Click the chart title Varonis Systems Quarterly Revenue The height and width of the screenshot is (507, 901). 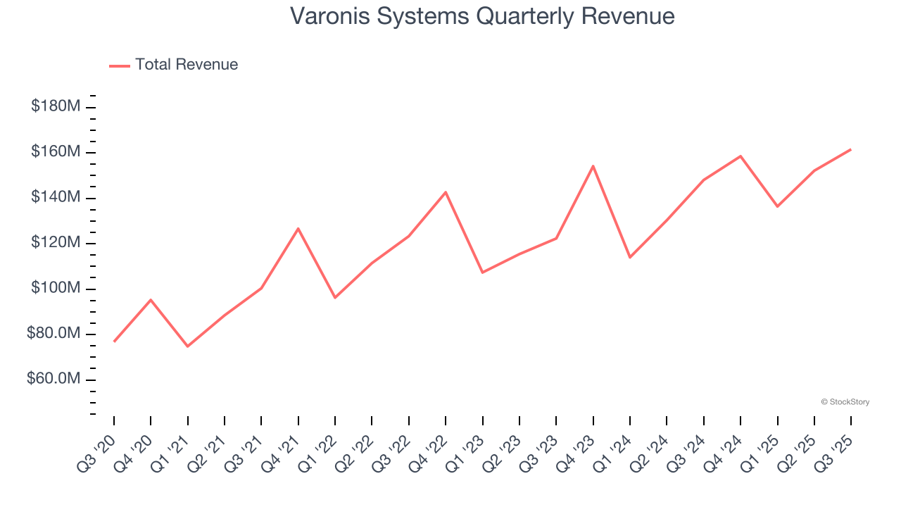(482, 16)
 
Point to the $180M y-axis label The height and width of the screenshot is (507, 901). (55, 106)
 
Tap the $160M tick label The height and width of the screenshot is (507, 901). (55, 152)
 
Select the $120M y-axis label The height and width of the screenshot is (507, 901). (55, 243)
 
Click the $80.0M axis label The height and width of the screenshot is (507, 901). (53, 334)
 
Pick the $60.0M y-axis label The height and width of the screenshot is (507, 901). (53, 379)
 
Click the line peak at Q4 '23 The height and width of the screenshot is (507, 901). (593, 166)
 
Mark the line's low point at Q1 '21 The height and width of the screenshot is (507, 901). (187, 346)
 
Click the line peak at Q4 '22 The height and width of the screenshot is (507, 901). (446, 192)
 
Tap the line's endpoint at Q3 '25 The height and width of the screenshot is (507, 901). (851, 149)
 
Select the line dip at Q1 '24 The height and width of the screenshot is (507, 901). (630, 257)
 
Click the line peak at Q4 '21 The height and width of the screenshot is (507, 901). (298, 228)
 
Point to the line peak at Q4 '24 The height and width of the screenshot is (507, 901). (741, 156)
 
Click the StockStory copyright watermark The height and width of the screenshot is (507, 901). (845, 402)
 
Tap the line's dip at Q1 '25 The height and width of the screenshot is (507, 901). (777, 206)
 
